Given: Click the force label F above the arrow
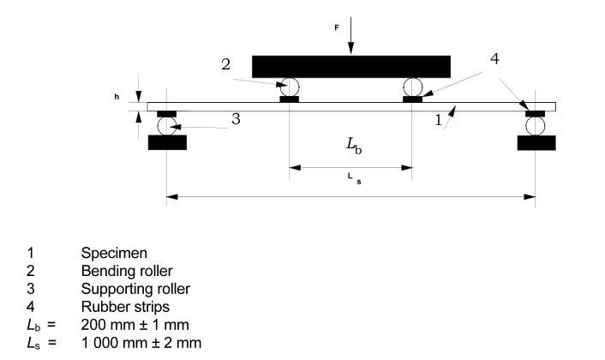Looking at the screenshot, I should click(337, 27).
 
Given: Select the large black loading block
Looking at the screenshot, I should click(351, 66).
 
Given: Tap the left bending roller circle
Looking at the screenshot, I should click(290, 87).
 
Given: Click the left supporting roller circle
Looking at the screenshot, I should click(166, 126).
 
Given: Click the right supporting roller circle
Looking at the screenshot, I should click(536, 126).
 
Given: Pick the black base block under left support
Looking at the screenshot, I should click(167, 142).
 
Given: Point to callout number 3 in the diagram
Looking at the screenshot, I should click(236, 119).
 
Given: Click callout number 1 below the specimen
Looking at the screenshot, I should click(439, 122).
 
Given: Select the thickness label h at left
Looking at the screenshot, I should click(117, 97).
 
